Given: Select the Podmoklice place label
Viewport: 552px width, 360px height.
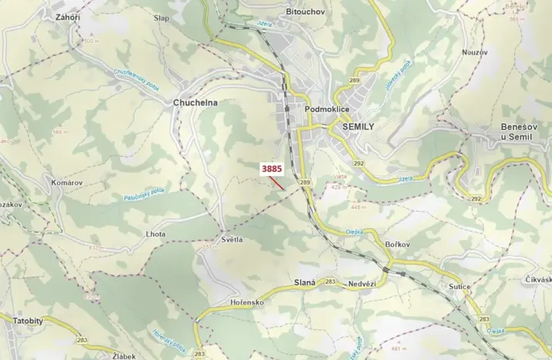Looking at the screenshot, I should pyautogui.click(x=328, y=110).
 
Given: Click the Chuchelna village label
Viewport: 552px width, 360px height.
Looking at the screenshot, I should pyautogui.click(x=196, y=102).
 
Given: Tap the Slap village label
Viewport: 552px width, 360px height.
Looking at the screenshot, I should pyautogui.click(x=162, y=18).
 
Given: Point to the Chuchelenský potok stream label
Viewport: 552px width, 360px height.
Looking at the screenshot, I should pyautogui.click(x=136, y=81).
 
